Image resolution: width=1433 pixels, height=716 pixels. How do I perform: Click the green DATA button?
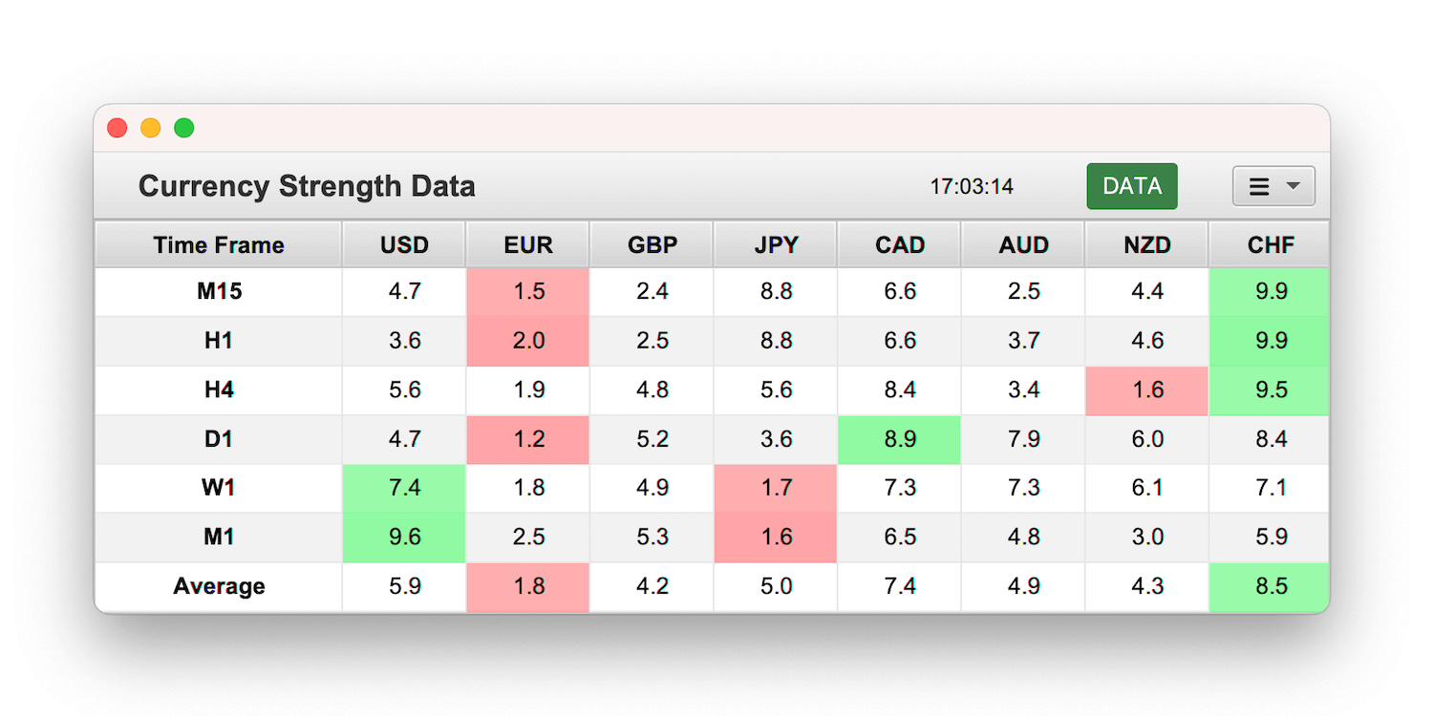click(1131, 186)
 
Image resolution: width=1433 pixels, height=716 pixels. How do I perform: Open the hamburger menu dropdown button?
click(1273, 186)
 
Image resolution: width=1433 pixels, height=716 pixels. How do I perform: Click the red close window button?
click(118, 128)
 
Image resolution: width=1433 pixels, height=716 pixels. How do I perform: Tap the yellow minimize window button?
click(151, 128)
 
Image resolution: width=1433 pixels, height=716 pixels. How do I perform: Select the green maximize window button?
click(184, 128)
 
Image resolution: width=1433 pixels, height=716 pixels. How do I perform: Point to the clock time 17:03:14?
click(972, 186)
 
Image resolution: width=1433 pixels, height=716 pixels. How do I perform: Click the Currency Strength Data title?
click(307, 186)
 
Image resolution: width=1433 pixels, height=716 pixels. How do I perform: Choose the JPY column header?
click(776, 245)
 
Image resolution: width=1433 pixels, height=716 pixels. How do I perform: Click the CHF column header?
click(1271, 245)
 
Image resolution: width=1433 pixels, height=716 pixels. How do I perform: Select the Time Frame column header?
click(219, 245)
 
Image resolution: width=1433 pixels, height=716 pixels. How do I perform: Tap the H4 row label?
click(219, 390)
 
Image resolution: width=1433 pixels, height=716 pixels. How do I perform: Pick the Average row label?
click(219, 586)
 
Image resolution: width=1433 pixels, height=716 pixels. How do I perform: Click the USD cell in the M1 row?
click(405, 537)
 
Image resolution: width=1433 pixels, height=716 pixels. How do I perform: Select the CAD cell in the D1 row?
click(900, 439)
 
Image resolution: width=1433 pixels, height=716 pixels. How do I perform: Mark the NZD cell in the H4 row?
click(1146, 390)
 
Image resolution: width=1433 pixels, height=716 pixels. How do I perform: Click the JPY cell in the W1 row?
click(776, 488)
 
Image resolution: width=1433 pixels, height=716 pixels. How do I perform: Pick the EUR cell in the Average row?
click(528, 586)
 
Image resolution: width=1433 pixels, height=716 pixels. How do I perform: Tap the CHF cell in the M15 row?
click(1271, 291)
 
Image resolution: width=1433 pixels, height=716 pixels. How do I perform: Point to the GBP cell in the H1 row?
click(652, 341)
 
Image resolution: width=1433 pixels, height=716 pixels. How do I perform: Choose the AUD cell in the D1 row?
click(1023, 439)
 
